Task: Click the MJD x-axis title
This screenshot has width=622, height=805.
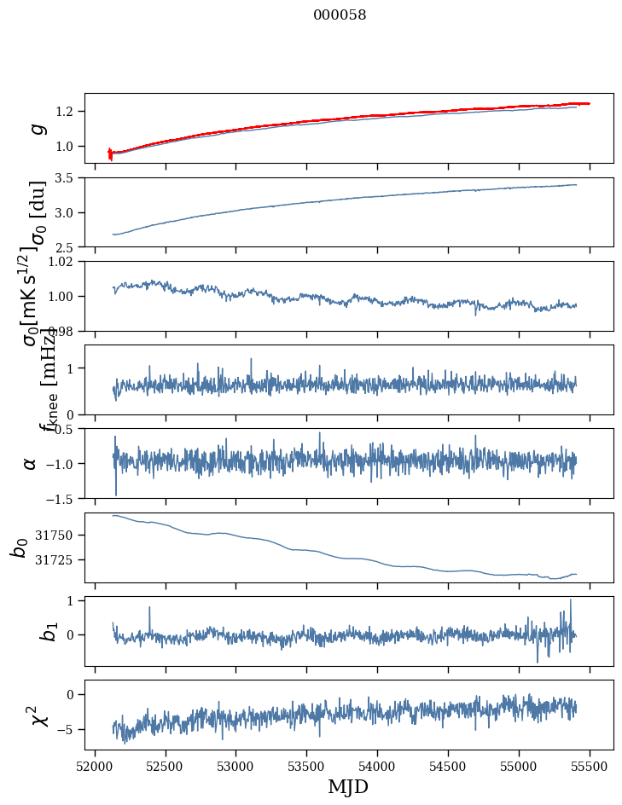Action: pyautogui.click(x=348, y=787)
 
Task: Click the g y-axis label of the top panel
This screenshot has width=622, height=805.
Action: pyautogui.click(x=36, y=128)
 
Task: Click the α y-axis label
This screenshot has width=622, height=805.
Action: pyautogui.click(x=31, y=463)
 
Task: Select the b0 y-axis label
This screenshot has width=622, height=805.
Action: pyautogui.click(x=20, y=547)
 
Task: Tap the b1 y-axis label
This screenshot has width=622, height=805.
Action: pyautogui.click(x=26, y=631)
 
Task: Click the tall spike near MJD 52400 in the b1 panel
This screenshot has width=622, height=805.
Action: pyautogui.click(x=150, y=608)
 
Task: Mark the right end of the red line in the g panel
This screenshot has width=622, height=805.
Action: pyautogui.click(x=590, y=103)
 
